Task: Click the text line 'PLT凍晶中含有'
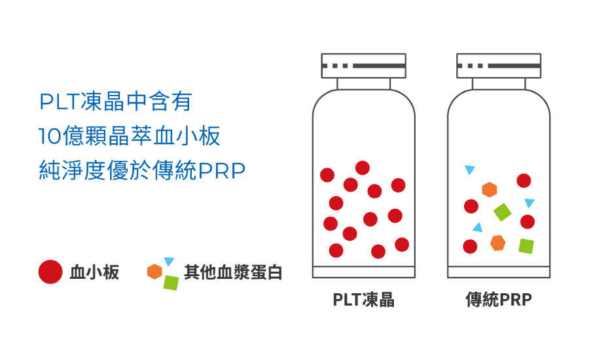pos(115,102)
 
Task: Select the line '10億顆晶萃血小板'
pos(129,136)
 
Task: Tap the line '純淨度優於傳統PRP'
pos(142,171)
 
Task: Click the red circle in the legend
pos(50,272)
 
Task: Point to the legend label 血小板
pos(94,272)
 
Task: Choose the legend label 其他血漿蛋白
pos(232,272)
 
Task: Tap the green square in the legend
pos(171,282)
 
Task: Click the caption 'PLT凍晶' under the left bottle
pos(363,300)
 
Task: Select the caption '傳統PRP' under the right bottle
pos(499,300)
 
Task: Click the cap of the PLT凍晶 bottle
pos(363,66)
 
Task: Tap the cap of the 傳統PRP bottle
pos(499,66)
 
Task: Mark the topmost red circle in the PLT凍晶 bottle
pos(362,168)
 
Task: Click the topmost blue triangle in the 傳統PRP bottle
pos(469,170)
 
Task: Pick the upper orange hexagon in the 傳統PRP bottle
pos(490,190)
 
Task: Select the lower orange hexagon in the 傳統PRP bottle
pos(498,243)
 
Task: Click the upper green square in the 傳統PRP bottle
pos(503,211)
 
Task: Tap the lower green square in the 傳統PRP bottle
pos(526,246)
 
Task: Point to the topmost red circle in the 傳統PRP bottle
pos(524,181)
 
